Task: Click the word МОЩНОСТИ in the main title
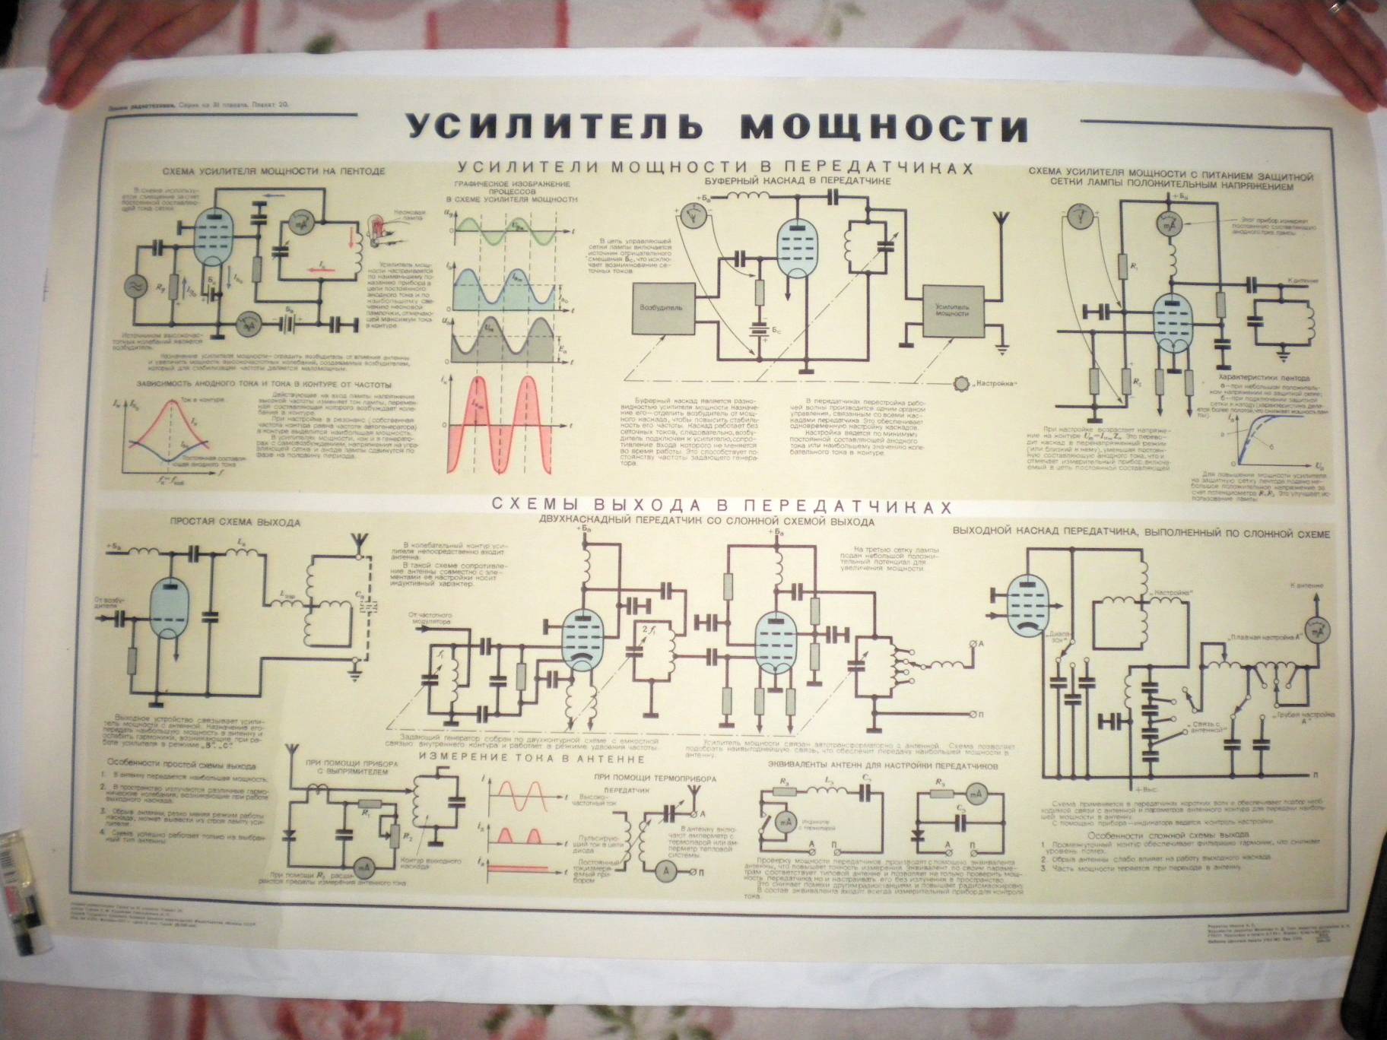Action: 884,127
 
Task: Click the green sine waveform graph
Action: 502,229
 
